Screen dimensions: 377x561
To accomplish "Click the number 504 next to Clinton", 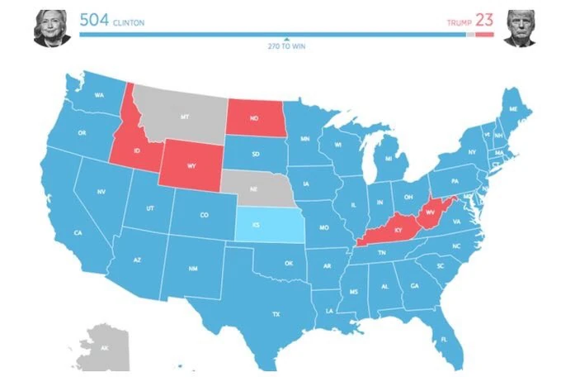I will click(95, 20).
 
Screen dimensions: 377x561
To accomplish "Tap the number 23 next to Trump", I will click(483, 20).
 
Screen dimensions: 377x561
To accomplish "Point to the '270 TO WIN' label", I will click(285, 47).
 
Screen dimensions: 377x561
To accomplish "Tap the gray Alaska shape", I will click(103, 347).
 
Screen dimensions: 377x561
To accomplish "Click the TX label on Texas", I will click(276, 313).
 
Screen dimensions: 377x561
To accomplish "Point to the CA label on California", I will click(78, 233).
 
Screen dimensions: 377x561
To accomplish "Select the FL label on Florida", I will click(444, 340).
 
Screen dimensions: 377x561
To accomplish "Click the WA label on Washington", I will click(98, 95).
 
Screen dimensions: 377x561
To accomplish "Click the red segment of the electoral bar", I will click(484, 36).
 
